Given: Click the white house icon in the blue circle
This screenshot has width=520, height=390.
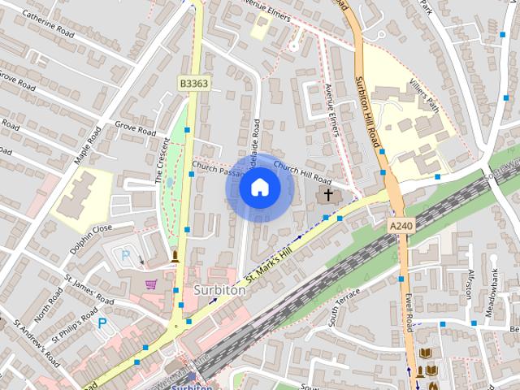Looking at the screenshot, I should click(x=259, y=188).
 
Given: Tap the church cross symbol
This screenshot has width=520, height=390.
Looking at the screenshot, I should click(x=328, y=194).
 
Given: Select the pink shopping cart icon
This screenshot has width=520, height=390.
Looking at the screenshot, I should click(x=151, y=284).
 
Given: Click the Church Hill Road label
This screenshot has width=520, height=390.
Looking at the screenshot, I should click(x=302, y=171).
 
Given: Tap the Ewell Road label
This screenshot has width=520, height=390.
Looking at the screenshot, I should click(x=409, y=310).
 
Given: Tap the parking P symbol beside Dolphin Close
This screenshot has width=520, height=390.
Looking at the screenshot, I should click(x=125, y=255).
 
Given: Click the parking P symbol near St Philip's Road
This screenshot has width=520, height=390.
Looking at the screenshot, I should click(x=102, y=323).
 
